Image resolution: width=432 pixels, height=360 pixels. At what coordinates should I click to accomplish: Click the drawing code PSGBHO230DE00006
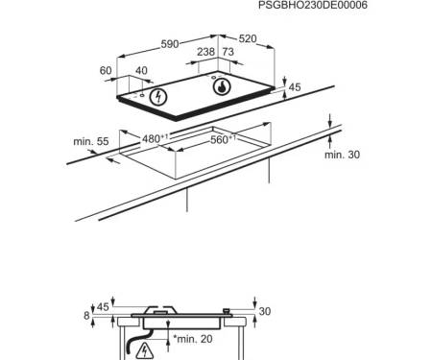click(313, 5)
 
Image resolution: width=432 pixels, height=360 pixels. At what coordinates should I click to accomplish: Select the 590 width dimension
click(170, 44)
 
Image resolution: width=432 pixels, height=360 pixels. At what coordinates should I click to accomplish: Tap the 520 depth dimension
click(248, 38)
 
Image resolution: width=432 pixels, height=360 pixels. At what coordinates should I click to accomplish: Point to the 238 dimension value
click(205, 52)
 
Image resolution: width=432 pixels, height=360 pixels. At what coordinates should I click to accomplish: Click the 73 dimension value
click(228, 52)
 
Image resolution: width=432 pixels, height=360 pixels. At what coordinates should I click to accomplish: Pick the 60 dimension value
click(106, 70)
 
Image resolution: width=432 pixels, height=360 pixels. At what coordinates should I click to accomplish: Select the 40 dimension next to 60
click(141, 70)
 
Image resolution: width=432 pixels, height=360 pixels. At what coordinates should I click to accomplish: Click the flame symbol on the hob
click(222, 86)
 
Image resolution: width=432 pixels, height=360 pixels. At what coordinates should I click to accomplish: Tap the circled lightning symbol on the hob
click(158, 97)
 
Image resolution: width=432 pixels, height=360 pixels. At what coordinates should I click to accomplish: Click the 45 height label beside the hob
click(295, 87)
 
